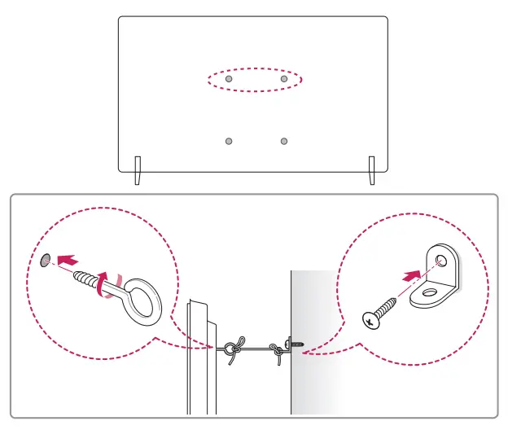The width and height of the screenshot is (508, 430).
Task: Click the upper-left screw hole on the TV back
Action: [229, 80]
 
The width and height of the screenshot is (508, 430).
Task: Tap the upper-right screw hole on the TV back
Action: [283, 80]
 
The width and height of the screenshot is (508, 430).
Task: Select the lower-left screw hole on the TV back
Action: [229, 141]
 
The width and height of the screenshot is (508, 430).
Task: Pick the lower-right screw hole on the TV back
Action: [283, 141]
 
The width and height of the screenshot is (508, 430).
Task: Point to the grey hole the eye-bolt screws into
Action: [46, 259]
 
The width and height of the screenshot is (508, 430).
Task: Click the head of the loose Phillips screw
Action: [371, 318]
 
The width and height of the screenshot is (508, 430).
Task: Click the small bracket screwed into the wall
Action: [293, 343]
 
